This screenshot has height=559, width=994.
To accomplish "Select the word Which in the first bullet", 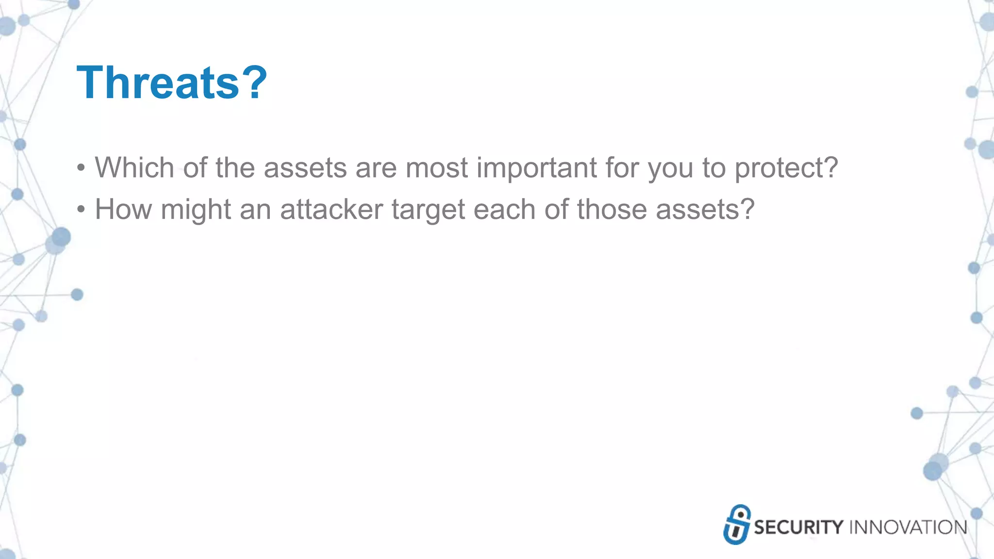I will pyautogui.click(x=134, y=168).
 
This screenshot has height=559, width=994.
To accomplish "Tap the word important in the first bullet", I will pyautogui.click(x=537, y=168).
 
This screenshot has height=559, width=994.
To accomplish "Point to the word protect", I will pyautogui.click(x=786, y=168).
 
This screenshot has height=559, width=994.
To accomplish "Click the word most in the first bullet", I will pyautogui.click(x=437, y=168).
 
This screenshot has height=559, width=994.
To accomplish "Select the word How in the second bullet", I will pyautogui.click(x=123, y=210).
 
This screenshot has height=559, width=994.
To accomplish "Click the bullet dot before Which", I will pyautogui.click(x=81, y=168).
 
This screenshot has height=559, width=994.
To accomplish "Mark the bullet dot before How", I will pyautogui.click(x=81, y=210).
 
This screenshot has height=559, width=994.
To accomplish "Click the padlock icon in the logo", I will pyautogui.click(x=737, y=525).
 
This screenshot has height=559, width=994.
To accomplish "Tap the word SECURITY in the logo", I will pyautogui.click(x=798, y=527).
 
